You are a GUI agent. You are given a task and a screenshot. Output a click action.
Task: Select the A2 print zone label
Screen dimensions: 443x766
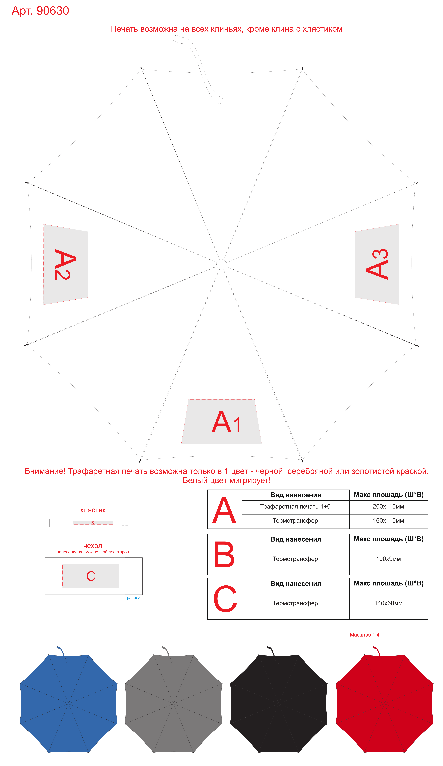tap(65, 264)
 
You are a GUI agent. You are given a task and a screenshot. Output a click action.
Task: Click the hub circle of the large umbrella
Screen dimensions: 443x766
tap(221, 264)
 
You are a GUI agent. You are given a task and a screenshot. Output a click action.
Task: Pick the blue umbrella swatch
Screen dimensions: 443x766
tap(69, 703)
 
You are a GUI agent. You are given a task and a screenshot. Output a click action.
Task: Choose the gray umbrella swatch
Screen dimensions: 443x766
tap(174, 703)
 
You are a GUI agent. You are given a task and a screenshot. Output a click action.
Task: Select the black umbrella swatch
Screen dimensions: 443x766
tap(279, 703)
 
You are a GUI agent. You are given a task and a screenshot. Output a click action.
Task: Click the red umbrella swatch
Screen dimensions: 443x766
tap(384, 703)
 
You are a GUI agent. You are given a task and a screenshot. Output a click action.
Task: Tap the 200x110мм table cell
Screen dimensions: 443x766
tap(388, 506)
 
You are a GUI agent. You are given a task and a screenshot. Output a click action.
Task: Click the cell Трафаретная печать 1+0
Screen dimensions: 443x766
tap(295, 506)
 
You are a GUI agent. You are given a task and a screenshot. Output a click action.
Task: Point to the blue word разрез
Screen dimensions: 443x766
tap(134, 597)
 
